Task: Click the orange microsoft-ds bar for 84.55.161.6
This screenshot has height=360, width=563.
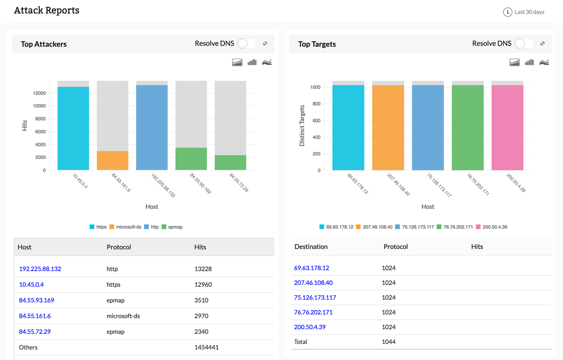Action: coord(113,160)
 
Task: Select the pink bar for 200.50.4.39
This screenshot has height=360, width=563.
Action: coord(507,127)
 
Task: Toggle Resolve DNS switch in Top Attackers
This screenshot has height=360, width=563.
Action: coord(247,44)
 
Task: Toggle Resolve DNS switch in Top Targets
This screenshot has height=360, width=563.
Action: coord(524,44)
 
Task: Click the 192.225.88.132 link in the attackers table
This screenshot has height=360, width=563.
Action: coord(40,269)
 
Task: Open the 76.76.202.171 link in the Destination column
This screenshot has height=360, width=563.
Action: coord(313,312)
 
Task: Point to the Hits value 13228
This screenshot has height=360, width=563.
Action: coord(203,269)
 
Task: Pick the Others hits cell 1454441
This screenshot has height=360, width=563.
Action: coord(206,347)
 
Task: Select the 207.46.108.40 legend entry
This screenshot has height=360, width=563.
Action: coord(375,227)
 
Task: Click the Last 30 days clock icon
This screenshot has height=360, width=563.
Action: coord(507,12)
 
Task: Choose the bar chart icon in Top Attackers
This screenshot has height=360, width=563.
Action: coord(252,62)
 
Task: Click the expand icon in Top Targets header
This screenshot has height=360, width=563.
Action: coord(542,44)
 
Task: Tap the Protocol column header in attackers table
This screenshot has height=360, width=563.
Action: coord(119,247)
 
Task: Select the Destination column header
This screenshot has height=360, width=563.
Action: coord(311,246)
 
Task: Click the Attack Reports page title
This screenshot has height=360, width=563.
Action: coord(46,10)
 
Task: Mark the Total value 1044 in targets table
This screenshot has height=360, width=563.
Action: coord(388,342)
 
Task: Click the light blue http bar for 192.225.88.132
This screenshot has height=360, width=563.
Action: coord(152,127)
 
